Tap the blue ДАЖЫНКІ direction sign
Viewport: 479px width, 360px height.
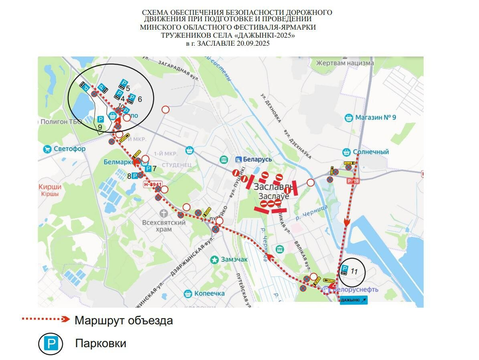(353, 300)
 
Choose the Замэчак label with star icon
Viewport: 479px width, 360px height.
(234, 259)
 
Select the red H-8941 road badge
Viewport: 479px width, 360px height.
(152, 184)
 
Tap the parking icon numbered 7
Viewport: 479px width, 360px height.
(148, 169)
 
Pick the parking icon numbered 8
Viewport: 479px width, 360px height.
(135, 176)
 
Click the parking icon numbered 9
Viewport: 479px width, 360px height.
(101, 119)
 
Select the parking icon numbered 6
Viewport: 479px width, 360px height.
(132, 97)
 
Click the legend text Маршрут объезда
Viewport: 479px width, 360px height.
(123, 321)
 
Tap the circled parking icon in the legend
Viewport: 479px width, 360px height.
(51, 344)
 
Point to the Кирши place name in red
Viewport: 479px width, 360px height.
(50, 187)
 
